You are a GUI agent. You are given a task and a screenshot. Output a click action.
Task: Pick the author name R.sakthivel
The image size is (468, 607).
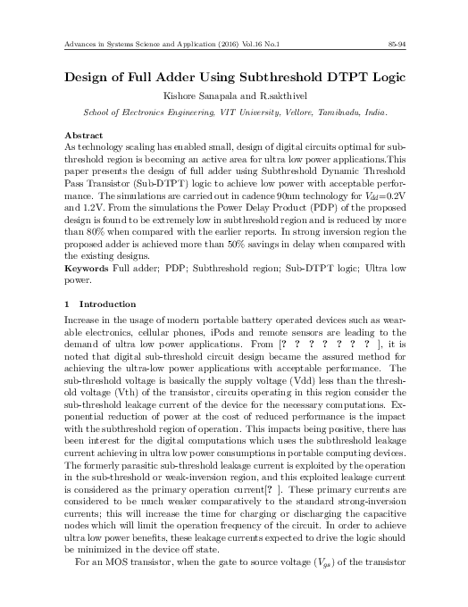click(267, 96)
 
